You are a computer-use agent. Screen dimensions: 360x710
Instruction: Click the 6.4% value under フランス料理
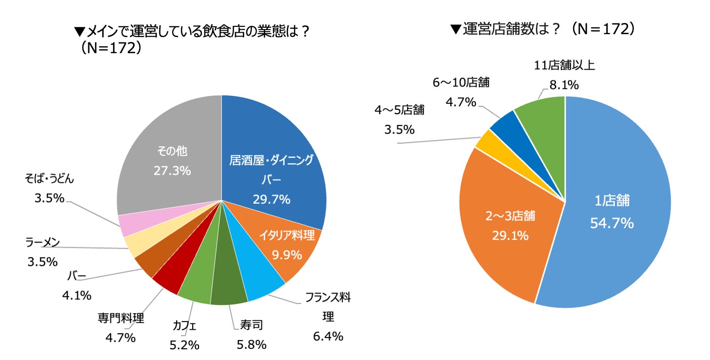(x=328, y=336)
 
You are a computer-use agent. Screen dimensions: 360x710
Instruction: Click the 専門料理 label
(x=120, y=319)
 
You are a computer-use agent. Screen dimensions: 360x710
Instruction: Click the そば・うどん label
(x=49, y=179)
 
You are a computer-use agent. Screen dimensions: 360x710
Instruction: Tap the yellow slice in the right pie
(x=486, y=140)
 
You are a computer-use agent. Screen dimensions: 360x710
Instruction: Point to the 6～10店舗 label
(x=461, y=82)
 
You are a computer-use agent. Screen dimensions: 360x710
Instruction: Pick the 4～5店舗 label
(x=399, y=110)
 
